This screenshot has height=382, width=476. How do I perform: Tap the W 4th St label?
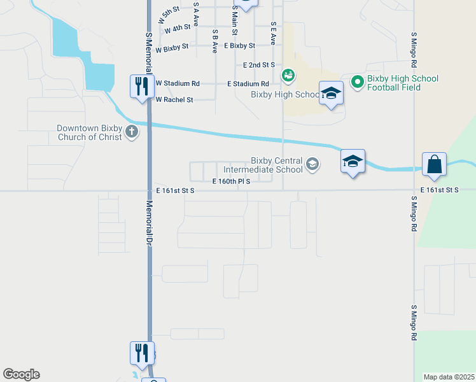[x=177, y=29]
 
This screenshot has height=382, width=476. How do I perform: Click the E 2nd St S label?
[x=258, y=65]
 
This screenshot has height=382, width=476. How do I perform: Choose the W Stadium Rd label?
[x=178, y=83]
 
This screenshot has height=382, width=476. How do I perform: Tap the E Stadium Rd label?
[x=248, y=83]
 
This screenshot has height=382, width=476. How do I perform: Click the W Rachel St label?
[x=174, y=99]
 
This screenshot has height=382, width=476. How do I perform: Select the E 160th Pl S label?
[x=231, y=181]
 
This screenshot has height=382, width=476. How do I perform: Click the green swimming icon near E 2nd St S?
[x=288, y=76]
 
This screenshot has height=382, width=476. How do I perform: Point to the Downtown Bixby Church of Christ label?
[x=89, y=132]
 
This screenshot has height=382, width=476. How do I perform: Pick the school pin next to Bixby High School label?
[x=331, y=94]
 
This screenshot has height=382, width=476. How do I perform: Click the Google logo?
[x=21, y=374]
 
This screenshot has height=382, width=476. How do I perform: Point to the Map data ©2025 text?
[x=449, y=377]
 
